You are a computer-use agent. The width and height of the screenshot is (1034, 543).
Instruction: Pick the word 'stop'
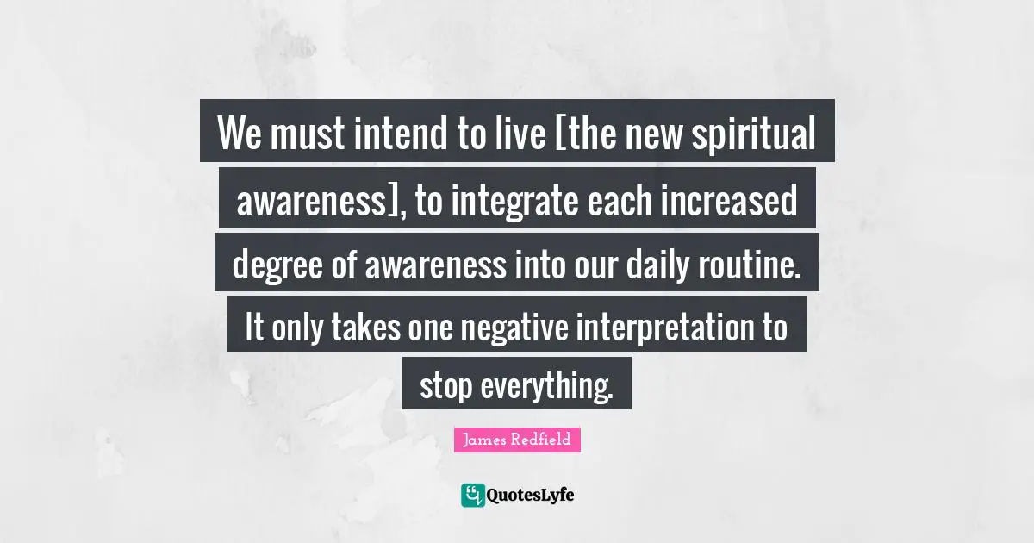click(445, 387)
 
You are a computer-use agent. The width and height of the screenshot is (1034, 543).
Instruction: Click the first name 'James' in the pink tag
click(484, 440)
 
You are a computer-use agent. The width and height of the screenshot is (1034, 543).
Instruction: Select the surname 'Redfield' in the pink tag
click(540, 440)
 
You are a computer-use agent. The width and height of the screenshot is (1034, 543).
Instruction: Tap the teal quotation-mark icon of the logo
click(472, 495)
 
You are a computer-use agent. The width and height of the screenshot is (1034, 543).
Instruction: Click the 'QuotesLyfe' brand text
click(531, 495)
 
